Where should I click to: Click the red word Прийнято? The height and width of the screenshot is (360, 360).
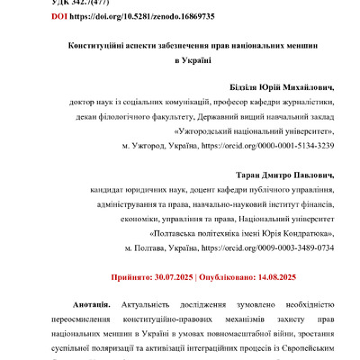point(129,279)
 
